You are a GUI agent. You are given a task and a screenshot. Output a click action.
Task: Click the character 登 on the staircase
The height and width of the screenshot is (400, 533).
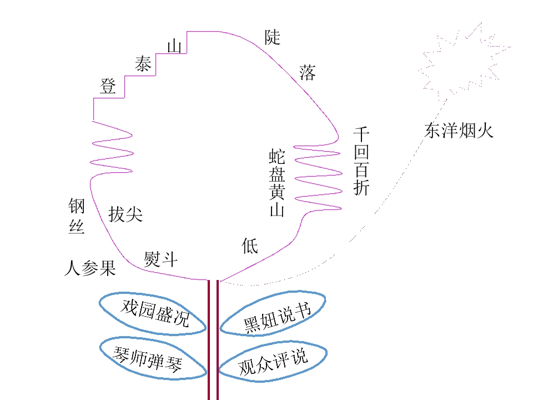tap(108, 86)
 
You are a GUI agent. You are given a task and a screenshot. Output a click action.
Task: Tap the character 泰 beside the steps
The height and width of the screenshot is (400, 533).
tap(143, 63)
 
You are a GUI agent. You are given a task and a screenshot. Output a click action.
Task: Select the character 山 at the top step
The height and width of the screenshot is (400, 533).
tap(174, 46)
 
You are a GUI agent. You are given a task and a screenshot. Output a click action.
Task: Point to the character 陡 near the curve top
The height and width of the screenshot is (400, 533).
tap(273, 37)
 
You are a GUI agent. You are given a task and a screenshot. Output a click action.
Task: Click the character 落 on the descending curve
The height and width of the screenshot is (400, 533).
tap(307, 72)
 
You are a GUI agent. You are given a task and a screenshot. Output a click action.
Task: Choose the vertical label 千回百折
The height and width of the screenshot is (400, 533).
tap(361, 161)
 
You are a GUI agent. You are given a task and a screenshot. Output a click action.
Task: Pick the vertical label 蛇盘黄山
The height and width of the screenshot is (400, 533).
tap(277, 182)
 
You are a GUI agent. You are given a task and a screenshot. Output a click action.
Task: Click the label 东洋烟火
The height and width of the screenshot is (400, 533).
tap(459, 131)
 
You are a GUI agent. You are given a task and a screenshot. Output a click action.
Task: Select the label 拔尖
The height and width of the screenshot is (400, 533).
tap(125, 214)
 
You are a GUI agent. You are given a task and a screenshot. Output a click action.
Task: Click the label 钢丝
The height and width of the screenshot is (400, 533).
tap(77, 216)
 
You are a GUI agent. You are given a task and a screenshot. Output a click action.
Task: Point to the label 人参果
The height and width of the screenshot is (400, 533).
tap(90, 268)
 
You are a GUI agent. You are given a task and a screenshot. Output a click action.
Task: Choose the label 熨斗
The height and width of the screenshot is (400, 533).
tap(160, 259)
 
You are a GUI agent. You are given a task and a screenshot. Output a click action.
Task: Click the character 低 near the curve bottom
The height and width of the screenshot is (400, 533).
tap(250, 246)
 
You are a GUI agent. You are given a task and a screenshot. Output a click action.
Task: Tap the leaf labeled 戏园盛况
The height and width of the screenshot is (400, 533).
tap(153, 313)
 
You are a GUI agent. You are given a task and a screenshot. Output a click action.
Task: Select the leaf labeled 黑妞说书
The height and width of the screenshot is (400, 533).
tap(273, 313)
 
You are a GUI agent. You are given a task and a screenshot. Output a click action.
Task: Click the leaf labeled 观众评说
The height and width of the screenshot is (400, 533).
tap(273, 361)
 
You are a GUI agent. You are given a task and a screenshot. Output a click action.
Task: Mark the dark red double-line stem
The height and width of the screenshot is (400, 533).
tap(213, 340)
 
